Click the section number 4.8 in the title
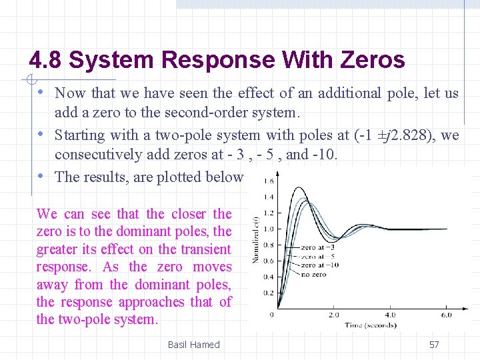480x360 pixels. (46, 61)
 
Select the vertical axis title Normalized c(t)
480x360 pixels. (255, 239)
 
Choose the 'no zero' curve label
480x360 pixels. (313, 273)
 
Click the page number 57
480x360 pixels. (434, 345)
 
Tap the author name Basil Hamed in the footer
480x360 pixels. (193, 345)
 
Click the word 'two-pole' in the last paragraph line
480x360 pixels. (82, 319)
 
